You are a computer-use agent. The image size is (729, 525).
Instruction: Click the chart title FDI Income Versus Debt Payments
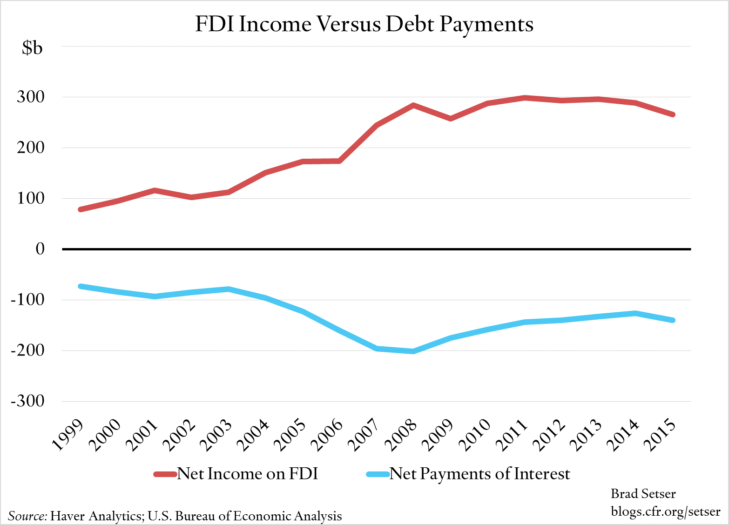pos(364,24)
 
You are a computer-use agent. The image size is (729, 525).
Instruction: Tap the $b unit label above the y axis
pos(32,47)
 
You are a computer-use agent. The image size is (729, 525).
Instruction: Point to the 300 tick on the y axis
pos(31,97)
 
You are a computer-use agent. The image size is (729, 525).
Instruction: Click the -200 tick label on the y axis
pos(27,350)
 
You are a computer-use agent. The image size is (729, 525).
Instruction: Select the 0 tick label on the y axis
pos(40,249)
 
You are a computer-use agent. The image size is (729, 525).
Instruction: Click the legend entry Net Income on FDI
pos(247,474)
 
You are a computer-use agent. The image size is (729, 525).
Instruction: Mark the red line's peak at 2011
pos(525,98)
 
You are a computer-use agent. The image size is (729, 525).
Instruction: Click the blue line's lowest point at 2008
pos(413,351)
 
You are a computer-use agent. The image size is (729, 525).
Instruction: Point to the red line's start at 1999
pos(81,209)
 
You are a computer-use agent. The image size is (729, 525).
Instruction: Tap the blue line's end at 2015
pos(673,320)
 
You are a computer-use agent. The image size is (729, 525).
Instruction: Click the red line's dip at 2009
pos(451,119)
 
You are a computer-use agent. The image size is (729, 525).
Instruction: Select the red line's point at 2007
pos(376,125)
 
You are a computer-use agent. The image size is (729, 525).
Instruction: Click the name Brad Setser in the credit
pos(643,494)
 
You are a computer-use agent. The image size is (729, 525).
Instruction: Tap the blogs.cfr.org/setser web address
pos(665,512)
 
